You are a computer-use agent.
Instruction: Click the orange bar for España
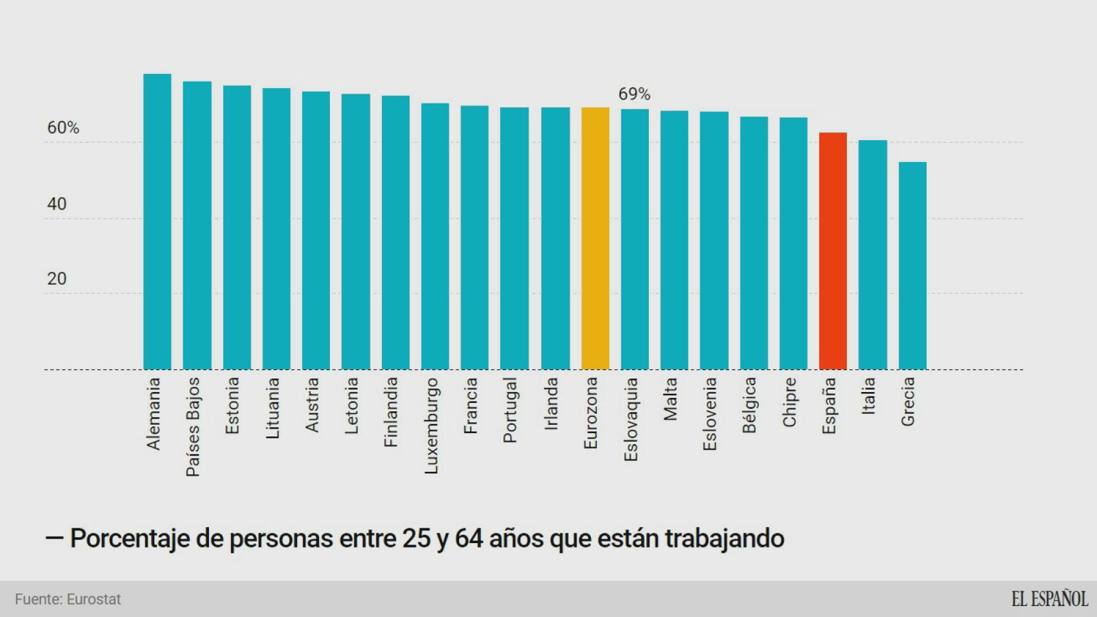tap(833, 251)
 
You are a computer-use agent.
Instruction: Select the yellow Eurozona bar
tap(595, 238)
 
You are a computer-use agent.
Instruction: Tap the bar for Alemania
tap(157, 222)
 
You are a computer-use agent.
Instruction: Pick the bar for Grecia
tap(912, 265)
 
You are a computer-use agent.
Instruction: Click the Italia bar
tap(873, 255)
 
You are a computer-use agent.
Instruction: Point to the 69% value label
tap(634, 94)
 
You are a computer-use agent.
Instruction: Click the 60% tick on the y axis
tap(63, 128)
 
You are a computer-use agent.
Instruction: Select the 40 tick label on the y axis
tap(57, 204)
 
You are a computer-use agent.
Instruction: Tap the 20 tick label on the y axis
tap(57, 279)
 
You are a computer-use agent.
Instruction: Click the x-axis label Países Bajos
tap(193, 427)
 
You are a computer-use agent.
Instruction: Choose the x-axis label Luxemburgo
tap(431, 425)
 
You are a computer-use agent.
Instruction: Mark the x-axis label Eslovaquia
tap(631, 419)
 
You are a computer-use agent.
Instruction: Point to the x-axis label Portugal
tap(510, 410)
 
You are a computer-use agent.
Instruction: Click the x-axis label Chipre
tap(789, 402)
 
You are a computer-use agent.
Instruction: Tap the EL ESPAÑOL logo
tap(1049, 599)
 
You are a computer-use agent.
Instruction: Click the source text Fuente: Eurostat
tap(68, 599)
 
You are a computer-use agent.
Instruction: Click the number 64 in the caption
tap(468, 539)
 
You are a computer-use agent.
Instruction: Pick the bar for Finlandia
tap(395, 233)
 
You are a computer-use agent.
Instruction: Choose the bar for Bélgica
tap(754, 243)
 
